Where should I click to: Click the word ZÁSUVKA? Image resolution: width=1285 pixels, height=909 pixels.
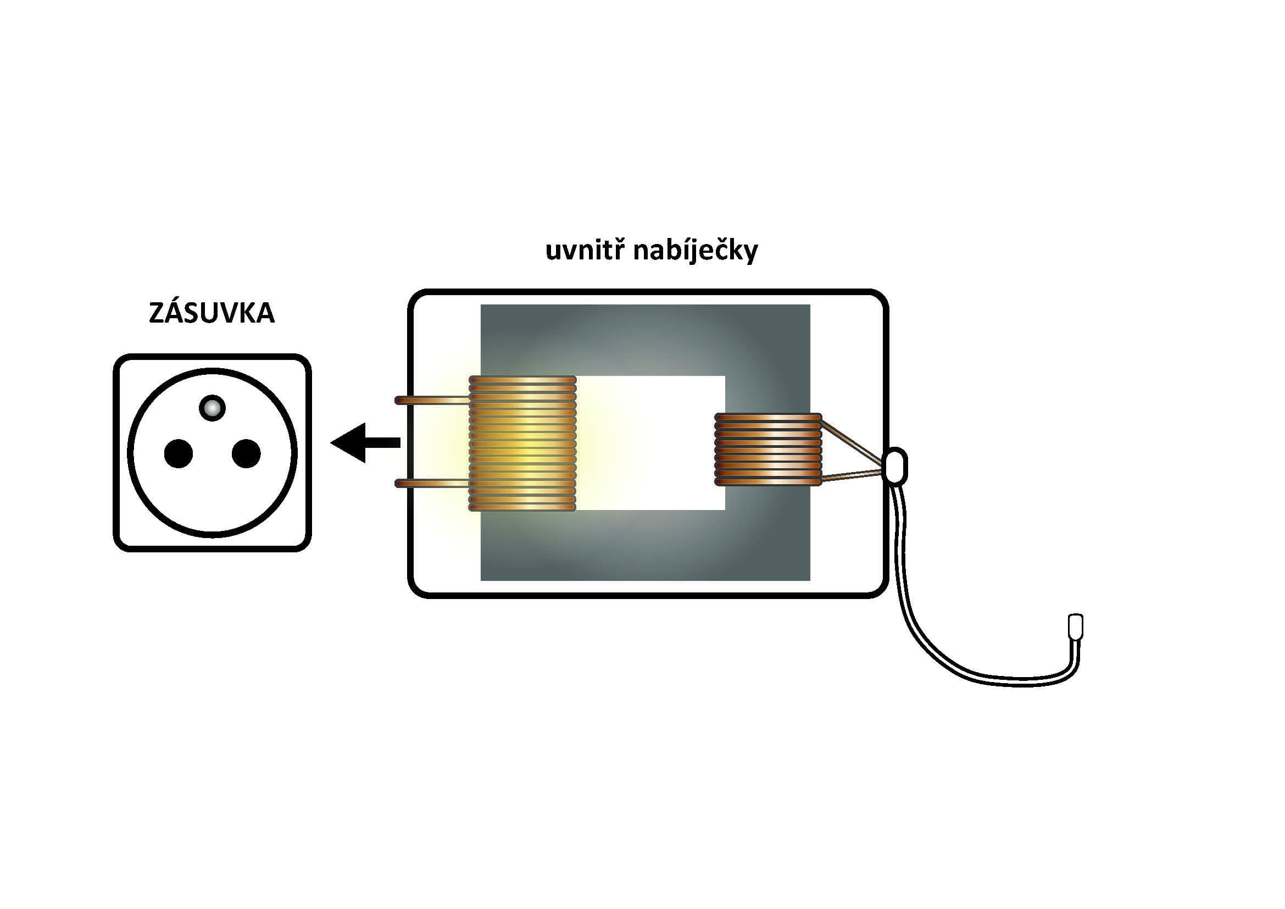pos(212,313)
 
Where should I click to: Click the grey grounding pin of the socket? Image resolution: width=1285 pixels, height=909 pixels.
pos(213,407)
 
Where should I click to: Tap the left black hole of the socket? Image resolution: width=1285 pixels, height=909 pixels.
pos(178,453)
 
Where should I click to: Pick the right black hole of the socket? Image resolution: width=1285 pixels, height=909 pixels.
pos(246,453)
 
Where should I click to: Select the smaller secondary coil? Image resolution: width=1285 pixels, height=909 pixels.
pos(769,450)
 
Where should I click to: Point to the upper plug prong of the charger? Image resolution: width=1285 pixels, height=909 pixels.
pos(431,400)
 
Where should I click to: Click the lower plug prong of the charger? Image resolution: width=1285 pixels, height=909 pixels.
pos(431,484)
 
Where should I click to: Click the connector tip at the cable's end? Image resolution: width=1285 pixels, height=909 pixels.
pos(1076,627)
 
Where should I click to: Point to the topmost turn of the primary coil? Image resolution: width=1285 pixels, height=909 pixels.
pos(522,380)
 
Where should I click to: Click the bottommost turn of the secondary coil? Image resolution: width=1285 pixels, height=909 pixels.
pos(769,482)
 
